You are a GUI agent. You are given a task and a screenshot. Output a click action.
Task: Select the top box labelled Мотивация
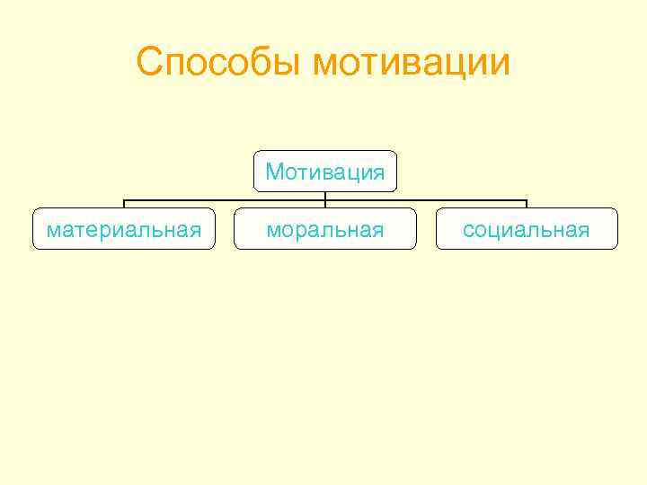coord(324,171)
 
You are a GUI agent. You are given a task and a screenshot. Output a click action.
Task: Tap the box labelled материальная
coord(124,229)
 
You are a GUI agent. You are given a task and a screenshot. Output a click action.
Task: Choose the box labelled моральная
coord(324,229)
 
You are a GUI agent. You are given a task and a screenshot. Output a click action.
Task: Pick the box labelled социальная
coord(527,229)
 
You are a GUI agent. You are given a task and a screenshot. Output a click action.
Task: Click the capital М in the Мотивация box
coord(273,171)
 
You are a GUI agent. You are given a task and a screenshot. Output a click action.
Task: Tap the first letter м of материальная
coord(53,231)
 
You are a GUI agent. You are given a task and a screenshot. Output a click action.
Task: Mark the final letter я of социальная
coord(584,231)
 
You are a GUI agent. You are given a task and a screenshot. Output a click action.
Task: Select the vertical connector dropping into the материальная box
coord(124,204)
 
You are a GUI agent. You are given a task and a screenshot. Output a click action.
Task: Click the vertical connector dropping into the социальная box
coord(527,204)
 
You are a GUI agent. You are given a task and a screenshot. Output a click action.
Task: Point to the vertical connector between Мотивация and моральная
coord(324,200)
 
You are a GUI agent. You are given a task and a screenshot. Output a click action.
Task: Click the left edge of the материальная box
coord(32,229)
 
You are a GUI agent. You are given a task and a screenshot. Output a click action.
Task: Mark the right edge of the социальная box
coord(618,229)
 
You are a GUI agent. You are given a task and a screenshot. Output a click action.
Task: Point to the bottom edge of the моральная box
coord(324,249)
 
